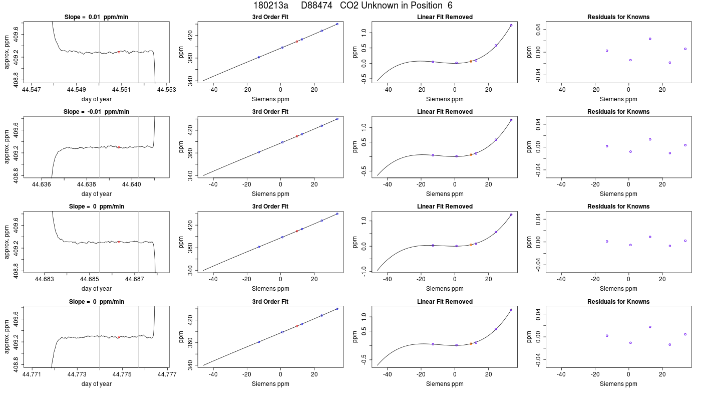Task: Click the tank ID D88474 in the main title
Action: coord(316,6)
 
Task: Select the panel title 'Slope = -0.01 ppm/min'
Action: coord(96,112)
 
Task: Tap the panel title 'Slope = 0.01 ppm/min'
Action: coord(96,17)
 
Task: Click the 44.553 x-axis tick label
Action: coord(166,90)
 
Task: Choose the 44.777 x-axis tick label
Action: coord(167,374)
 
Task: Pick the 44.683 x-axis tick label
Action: coord(45,279)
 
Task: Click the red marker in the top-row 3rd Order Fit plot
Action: coord(297,41)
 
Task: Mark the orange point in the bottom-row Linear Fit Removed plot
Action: coord(471,344)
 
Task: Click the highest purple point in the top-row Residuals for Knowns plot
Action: coord(650,39)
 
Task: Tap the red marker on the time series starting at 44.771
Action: coord(119,337)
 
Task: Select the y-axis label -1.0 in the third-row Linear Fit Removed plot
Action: coord(364,271)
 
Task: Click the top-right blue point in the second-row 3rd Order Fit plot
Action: coord(337,119)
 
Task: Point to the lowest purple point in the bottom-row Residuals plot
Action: coord(670,345)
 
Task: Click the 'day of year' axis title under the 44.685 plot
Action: coord(96,289)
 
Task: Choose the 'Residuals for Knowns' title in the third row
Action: coord(618,207)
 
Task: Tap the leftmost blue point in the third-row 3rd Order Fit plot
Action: coord(259,247)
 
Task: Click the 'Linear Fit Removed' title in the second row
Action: coord(445,112)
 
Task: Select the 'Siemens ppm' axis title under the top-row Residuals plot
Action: coord(618,99)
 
